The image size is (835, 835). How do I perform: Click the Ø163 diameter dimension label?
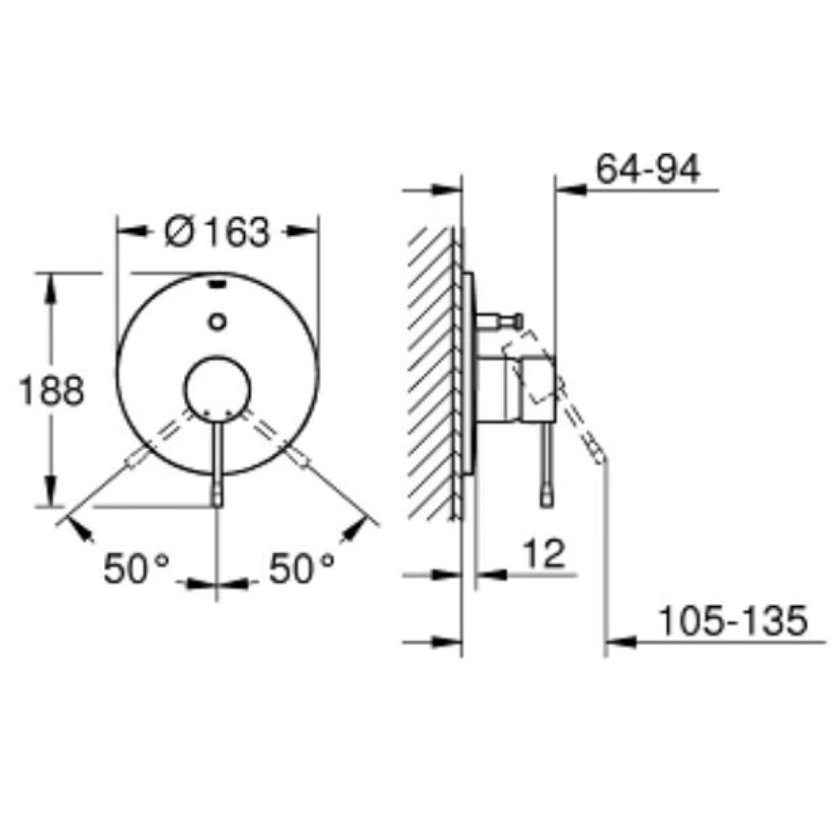tap(218, 233)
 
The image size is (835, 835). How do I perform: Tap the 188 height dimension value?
tap(51, 391)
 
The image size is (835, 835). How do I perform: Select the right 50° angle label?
tap(301, 568)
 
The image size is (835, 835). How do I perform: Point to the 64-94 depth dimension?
tap(647, 169)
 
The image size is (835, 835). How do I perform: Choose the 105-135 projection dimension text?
tap(734, 621)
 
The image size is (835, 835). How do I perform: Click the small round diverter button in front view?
tap(217, 322)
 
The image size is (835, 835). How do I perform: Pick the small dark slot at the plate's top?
tap(217, 283)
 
